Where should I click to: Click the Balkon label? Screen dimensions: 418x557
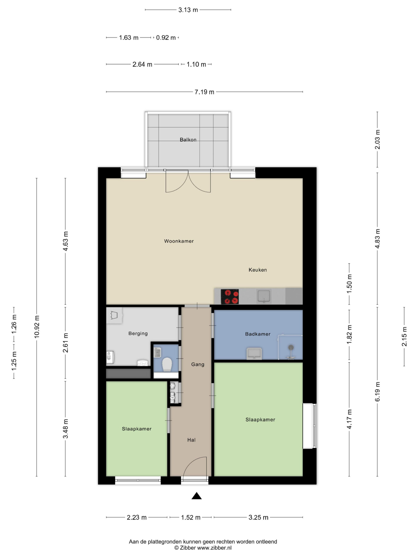coord(188,140)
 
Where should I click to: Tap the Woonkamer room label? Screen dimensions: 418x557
coord(179,241)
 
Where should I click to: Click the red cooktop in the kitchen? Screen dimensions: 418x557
coord(229,297)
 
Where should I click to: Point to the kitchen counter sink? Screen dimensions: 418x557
coord(264,296)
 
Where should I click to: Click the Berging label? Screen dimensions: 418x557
coord(138,333)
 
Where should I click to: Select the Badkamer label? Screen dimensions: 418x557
coord(258,334)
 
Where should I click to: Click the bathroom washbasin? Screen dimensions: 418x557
coord(254,354)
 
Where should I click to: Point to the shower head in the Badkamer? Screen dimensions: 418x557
coord(291,347)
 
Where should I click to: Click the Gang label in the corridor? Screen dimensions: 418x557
coord(197,364)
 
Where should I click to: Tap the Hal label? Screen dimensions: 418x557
coord(191,440)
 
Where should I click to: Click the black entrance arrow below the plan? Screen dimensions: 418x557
coord(197,496)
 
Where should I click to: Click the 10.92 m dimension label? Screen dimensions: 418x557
coord(37,327)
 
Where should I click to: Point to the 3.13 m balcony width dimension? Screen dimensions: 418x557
coord(188,10)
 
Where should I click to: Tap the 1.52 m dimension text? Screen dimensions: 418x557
coord(190,517)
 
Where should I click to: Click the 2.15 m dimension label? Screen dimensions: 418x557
coord(404,336)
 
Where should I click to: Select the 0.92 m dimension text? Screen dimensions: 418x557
coord(166,37)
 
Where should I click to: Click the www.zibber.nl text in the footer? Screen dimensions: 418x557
coord(214,548)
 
